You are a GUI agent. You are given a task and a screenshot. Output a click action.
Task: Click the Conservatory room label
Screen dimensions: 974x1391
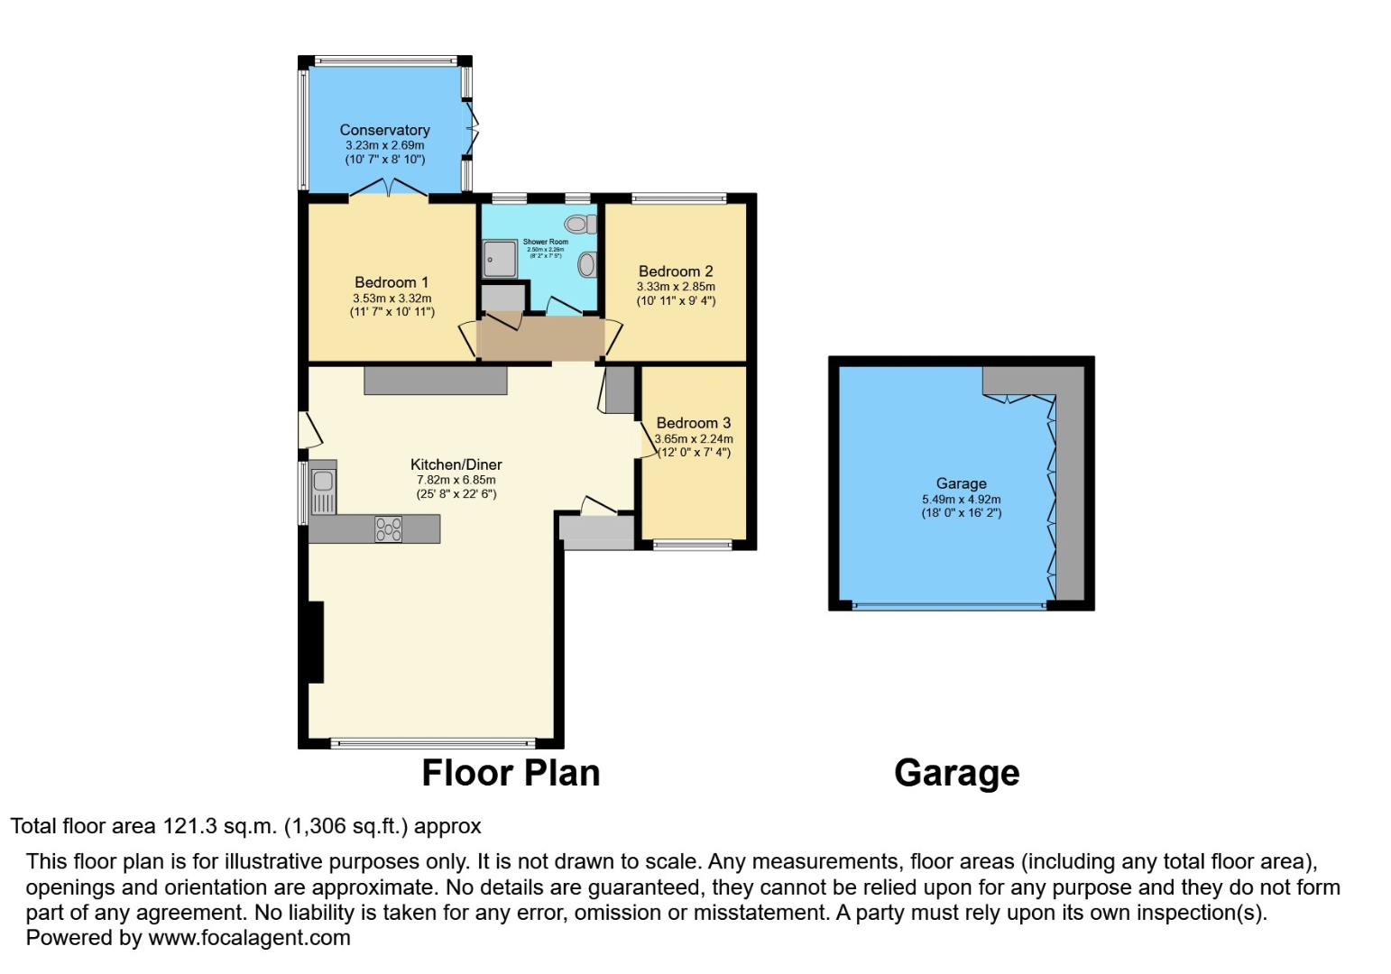tap(384, 130)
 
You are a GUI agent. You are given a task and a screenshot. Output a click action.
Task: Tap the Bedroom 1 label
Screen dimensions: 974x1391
tap(392, 282)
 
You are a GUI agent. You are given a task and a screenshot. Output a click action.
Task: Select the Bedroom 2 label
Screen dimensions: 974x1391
tap(676, 271)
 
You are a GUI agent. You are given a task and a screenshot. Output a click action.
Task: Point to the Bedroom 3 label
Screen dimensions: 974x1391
tap(693, 423)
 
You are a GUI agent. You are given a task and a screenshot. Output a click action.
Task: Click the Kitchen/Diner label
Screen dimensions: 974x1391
tap(456, 464)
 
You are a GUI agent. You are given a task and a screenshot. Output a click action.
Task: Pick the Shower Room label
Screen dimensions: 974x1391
tap(546, 242)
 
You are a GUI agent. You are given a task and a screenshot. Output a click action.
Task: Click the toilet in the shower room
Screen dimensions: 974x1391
tap(580, 223)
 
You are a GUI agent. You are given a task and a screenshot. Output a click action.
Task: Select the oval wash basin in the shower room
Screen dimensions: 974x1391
tap(587, 264)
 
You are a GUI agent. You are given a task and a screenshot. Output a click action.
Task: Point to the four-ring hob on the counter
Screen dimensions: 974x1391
tap(388, 528)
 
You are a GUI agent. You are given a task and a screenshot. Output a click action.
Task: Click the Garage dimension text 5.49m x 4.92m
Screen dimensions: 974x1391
tap(961, 499)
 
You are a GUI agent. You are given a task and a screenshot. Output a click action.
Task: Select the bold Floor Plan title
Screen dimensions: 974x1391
tap(511, 774)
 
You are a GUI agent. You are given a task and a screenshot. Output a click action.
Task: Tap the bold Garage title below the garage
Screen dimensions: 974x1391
tap(956, 774)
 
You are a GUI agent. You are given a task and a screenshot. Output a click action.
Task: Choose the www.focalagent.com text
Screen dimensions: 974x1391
tap(249, 938)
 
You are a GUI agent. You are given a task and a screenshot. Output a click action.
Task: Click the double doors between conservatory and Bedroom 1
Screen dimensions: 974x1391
tap(389, 188)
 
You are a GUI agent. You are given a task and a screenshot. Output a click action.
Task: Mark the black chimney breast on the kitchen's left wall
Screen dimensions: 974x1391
tap(315, 641)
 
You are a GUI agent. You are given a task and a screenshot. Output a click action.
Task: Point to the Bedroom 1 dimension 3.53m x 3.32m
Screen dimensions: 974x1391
tap(392, 299)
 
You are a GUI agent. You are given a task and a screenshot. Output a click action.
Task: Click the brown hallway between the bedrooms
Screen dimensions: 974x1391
tap(541, 338)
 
